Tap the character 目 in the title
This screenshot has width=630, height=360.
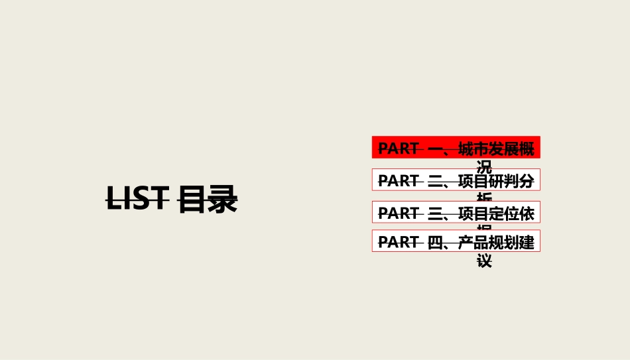pyautogui.click(x=192, y=200)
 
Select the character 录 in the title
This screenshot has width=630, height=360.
pyautogui.click(x=222, y=200)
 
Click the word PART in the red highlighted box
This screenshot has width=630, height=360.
pyautogui.click(x=399, y=149)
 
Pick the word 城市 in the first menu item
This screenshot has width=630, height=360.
pyautogui.click(x=473, y=149)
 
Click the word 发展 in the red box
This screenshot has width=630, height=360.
pyautogui.click(x=503, y=149)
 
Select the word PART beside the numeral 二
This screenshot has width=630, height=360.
pyautogui.click(x=399, y=180)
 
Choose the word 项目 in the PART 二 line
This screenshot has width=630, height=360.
pyautogui.click(x=473, y=180)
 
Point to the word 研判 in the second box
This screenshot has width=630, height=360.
pyautogui.click(x=503, y=180)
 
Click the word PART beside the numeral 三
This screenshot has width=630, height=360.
pyautogui.click(x=399, y=213)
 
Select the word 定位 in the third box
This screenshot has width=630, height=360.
pyautogui.click(x=503, y=213)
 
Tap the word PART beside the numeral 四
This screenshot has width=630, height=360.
pyautogui.click(x=399, y=242)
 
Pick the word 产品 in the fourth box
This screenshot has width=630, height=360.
pyautogui.click(x=473, y=242)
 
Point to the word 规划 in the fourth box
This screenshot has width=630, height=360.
pyautogui.click(x=503, y=242)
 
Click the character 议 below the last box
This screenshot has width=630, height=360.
pyautogui.click(x=485, y=261)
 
